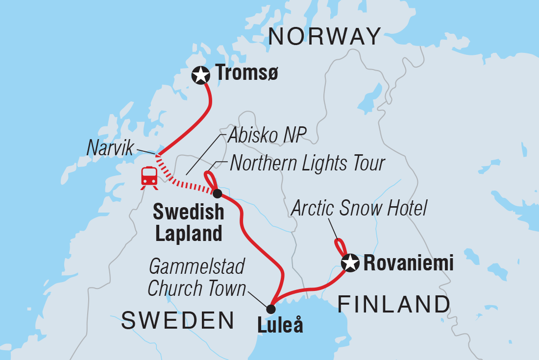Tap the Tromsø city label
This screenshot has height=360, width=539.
[x=247, y=74]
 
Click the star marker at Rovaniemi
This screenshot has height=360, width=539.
[x=350, y=263]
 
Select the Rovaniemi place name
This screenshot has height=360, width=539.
[x=408, y=264]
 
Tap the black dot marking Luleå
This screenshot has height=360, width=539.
[x=270, y=309]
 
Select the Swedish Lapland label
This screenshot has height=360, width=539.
[x=189, y=223]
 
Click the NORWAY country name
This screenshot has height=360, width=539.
[x=325, y=37]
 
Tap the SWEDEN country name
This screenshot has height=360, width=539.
[x=178, y=320]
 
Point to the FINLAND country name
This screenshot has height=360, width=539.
[x=394, y=304]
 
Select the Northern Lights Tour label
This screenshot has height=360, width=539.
[x=307, y=163]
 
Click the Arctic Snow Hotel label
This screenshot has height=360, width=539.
[x=359, y=209]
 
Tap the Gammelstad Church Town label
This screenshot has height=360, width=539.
[x=196, y=278]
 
